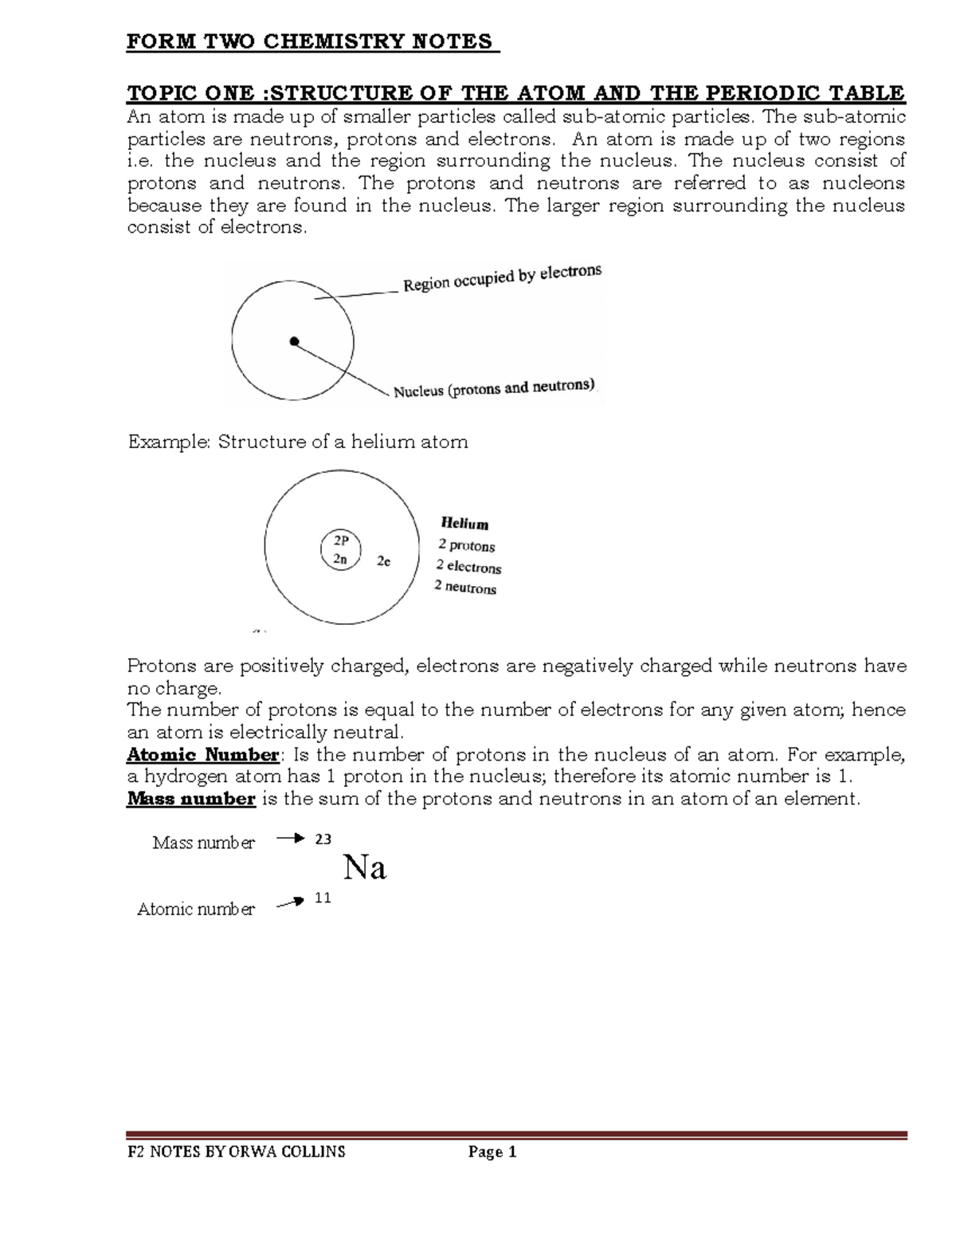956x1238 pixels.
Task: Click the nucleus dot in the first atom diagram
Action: click(x=294, y=342)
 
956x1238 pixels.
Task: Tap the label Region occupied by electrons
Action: click(x=502, y=278)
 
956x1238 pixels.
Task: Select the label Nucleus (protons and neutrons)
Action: click(x=494, y=388)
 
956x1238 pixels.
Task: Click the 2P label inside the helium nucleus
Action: click(x=341, y=540)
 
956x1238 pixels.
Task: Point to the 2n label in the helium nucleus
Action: click(x=340, y=559)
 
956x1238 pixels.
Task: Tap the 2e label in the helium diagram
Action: click(x=383, y=561)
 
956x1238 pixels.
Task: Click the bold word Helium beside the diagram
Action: click(x=464, y=524)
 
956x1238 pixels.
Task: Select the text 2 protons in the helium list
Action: click(x=466, y=546)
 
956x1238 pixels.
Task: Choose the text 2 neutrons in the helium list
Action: click(x=465, y=588)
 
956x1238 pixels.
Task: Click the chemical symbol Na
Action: click(x=364, y=867)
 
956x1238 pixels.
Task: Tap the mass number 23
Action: click(x=323, y=839)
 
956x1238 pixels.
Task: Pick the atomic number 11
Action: click(x=323, y=898)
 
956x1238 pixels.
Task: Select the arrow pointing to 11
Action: click(x=290, y=902)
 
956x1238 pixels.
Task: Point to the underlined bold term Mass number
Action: click(x=191, y=799)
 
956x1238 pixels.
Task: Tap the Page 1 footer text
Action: click(x=492, y=1152)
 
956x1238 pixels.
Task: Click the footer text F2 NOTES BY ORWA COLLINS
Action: click(x=237, y=1152)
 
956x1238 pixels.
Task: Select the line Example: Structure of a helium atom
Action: click(x=298, y=442)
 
